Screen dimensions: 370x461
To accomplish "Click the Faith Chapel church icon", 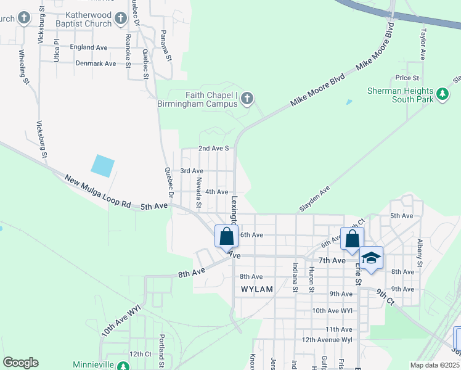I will tap(247, 98).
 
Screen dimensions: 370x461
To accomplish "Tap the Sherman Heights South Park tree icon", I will tap(441, 94).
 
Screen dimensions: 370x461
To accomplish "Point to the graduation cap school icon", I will tap(371, 257).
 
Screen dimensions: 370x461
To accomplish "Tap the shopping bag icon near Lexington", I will tap(226, 236).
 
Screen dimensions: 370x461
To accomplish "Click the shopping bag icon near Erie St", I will tap(352, 239).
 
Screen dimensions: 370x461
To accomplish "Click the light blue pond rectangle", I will tap(102, 165).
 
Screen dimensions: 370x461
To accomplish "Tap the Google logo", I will tap(20, 362).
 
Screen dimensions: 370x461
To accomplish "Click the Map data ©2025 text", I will tap(434, 365).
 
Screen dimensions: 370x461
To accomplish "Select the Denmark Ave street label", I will tap(96, 64).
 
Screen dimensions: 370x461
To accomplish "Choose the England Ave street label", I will tap(89, 47).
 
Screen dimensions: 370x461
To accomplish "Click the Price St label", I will tap(407, 78).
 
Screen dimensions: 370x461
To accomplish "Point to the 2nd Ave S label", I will tap(213, 149).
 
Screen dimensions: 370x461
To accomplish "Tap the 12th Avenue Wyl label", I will tap(327, 340).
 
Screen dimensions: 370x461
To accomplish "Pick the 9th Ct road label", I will tap(385, 295).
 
